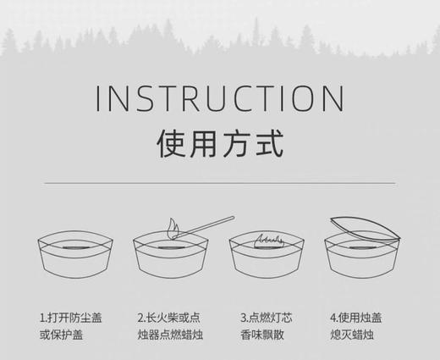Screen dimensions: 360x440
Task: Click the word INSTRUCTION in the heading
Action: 220,98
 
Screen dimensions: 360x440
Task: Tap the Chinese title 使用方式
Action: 220,145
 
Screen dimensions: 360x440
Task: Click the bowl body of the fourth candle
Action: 364,267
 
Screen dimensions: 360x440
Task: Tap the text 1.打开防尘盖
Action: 74,318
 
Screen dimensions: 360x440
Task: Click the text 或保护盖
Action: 63,335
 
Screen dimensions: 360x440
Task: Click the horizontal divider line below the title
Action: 220,183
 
